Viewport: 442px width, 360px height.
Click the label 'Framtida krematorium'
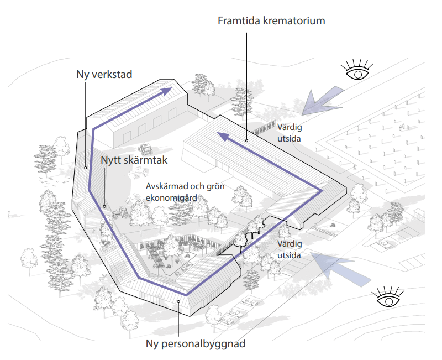tap(271, 21)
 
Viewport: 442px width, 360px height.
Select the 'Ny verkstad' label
tap(104, 75)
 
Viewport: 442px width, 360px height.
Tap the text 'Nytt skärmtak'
tap(134, 160)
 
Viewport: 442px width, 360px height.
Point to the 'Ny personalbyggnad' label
tap(196, 344)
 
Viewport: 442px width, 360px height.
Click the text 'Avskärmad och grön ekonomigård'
tap(185, 192)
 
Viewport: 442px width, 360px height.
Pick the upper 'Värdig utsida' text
tap(290, 133)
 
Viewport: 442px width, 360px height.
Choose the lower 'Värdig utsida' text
tap(290, 250)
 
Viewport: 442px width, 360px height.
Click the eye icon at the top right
tap(357, 71)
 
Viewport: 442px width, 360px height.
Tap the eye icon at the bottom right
tap(388, 297)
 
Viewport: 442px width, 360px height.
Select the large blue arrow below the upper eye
tap(322, 102)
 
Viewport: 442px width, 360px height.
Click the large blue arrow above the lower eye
tap(340, 268)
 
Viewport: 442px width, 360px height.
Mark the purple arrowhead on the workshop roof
tap(166, 91)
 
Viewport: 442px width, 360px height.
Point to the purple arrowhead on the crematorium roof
tap(223, 136)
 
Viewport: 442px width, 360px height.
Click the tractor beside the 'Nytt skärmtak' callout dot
tap(120, 212)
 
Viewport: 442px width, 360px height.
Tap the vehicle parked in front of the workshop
tap(145, 149)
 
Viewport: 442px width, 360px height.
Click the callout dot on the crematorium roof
tap(246, 140)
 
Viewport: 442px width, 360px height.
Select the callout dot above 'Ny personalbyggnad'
tap(178, 301)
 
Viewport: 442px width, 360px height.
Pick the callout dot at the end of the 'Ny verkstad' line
tap(86, 168)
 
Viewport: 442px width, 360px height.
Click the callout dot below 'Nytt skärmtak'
tap(104, 206)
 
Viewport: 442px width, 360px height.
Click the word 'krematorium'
tap(294, 21)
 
